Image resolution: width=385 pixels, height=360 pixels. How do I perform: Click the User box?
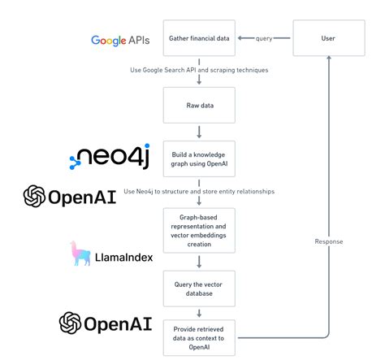point(327,38)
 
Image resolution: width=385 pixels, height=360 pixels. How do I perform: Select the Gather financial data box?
point(199,38)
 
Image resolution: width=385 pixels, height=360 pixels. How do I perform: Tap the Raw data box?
point(199,104)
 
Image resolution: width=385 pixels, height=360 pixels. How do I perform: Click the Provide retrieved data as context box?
point(199,336)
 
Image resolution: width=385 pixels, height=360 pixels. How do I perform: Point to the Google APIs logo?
point(120,40)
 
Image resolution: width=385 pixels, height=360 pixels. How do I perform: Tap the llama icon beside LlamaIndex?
point(82,254)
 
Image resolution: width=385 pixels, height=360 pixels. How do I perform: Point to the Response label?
point(328,241)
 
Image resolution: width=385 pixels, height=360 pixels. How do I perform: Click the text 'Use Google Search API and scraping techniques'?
point(199,70)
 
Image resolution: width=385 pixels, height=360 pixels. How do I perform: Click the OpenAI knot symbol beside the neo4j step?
point(34,197)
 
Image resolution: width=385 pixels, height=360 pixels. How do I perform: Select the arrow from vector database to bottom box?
point(199,311)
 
